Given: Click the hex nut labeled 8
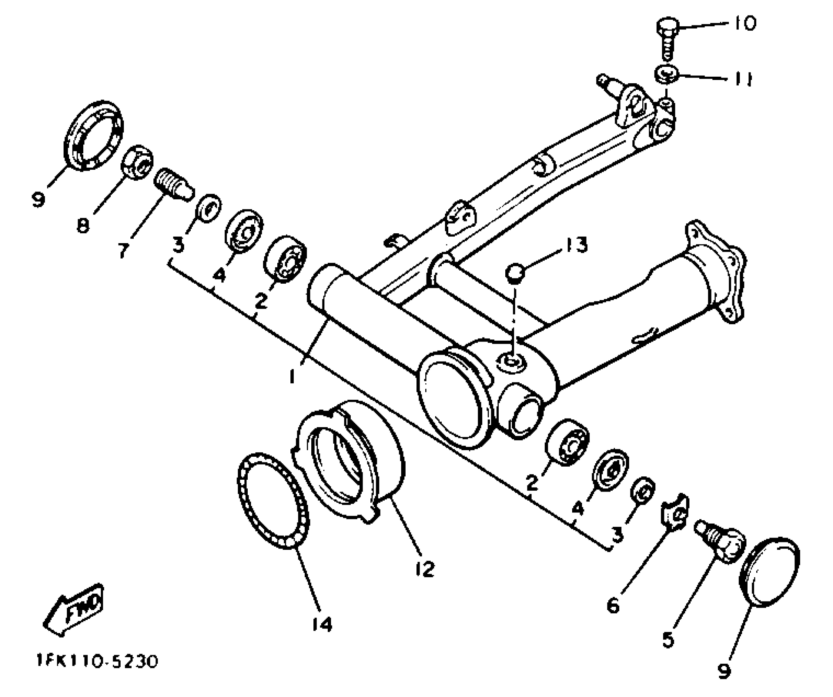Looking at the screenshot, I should (137, 162).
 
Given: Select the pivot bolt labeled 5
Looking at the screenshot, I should (720, 541).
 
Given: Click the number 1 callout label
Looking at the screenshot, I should (292, 376).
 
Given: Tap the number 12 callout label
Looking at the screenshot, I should (424, 569).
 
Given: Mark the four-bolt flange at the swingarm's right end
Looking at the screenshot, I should (716, 271).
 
